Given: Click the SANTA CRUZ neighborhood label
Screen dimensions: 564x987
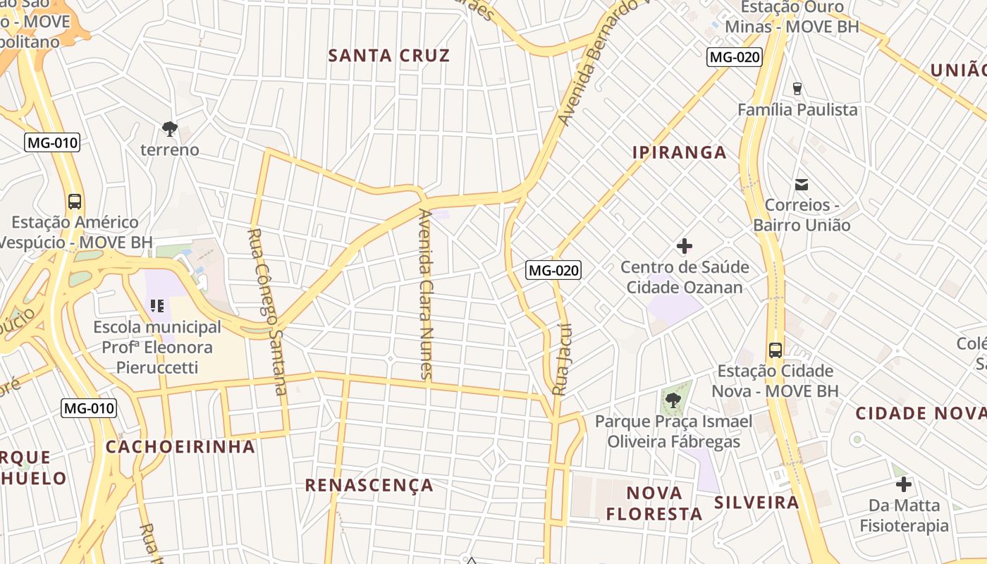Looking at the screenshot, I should [389, 56].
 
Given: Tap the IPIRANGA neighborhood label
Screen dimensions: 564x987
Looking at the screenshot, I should [679, 152].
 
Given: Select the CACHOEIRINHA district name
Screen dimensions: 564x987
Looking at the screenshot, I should [180, 446].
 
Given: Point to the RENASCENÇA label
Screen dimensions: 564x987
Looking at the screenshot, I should [369, 485].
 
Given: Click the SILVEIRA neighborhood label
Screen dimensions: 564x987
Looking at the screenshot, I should [756, 503].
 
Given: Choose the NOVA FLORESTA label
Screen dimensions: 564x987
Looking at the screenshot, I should [654, 503].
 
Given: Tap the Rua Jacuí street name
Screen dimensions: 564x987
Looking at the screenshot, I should [562, 360].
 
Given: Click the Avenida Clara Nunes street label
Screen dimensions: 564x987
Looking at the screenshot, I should [425, 294].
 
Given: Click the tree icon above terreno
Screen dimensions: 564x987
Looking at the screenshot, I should [169, 128].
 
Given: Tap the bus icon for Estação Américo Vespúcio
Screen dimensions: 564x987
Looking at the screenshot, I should [75, 201].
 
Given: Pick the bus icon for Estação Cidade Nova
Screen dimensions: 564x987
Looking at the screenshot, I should [775, 350].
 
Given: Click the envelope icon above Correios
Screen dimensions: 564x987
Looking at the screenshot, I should [802, 185].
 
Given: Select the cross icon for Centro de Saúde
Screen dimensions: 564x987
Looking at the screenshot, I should [684, 246].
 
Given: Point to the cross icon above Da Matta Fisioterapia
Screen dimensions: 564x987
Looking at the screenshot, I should [904, 484].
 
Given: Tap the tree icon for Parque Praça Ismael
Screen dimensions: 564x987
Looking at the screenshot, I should [673, 400].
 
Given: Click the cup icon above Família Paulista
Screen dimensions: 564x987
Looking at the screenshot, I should [797, 89].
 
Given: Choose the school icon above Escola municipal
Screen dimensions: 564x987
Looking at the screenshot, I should [157, 306].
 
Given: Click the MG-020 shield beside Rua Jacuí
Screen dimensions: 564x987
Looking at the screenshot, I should [553, 269].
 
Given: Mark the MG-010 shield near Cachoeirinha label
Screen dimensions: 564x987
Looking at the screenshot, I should [89, 407].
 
